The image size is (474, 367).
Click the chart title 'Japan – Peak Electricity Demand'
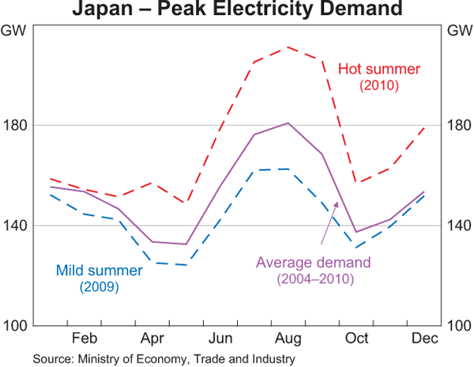tap(236, 11)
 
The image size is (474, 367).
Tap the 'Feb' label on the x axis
tap(84, 339)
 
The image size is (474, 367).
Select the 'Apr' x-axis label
tap(152, 339)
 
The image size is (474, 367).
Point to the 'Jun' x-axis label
tap(220, 339)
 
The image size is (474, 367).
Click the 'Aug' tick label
tap(288, 339)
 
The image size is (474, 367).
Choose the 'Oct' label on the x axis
tap(355, 339)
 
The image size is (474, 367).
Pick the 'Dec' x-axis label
tap(423, 339)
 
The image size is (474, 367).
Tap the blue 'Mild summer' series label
tap(100, 271)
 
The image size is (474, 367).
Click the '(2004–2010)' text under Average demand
tap(315, 278)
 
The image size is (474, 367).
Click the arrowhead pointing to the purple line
tap(337, 203)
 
